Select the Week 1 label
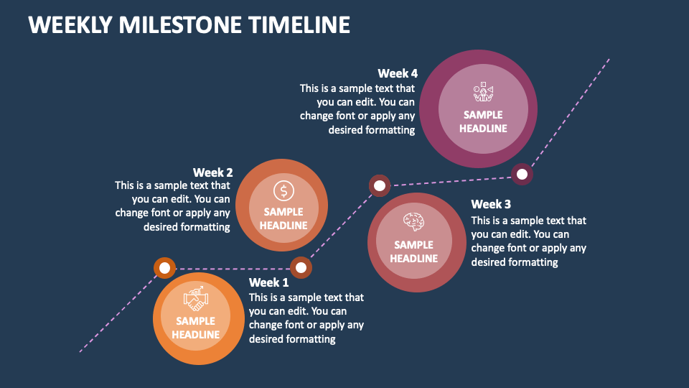[268, 282]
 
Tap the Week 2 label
[212, 172]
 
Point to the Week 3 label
[491, 205]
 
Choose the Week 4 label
[398, 73]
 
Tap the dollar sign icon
[283, 190]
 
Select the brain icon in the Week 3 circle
[414, 221]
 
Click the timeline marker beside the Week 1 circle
[164, 269]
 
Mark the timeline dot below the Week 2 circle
[301, 268]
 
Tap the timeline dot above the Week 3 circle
[380, 186]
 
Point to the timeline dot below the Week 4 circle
[522, 174]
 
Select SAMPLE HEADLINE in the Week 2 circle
[283, 218]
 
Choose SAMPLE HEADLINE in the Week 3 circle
[414, 251]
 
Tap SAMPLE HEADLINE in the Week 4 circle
[483, 121]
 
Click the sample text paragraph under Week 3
[529, 241]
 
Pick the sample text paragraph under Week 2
[172, 206]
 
